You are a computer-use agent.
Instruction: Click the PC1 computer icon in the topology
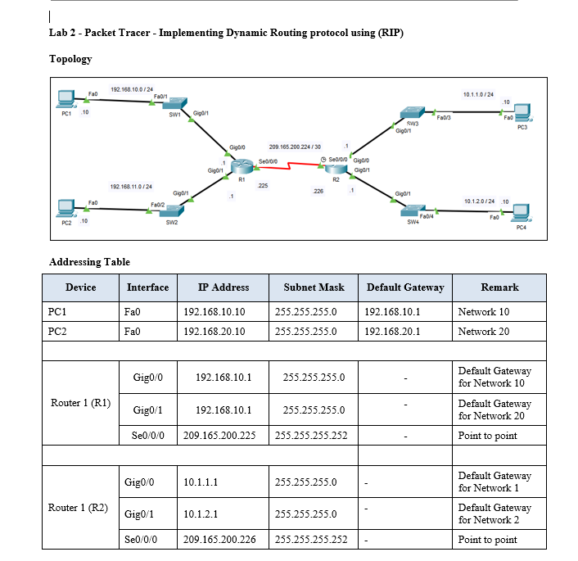pos(66,100)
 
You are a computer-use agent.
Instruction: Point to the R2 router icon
pos(334,167)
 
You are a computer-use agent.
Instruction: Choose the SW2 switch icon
pos(171,211)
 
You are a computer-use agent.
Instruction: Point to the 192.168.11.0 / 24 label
pos(131,186)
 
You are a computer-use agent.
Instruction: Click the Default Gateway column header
pos(405,287)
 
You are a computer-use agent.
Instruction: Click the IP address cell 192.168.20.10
pos(214,331)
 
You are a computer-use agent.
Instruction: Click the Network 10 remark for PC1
pos(483,311)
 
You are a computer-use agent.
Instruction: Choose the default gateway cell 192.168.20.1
pos(392,331)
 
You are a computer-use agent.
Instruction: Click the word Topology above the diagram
pos(70,59)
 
